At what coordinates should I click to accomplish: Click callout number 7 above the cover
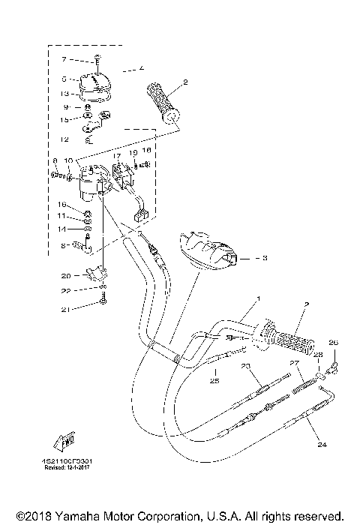pyautogui.click(x=64, y=58)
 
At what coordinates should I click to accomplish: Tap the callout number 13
pyautogui.click(x=65, y=94)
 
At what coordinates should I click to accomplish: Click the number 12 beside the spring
pyautogui.click(x=64, y=139)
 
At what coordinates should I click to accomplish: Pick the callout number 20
pyautogui.click(x=65, y=275)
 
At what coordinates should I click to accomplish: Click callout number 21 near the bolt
pyautogui.click(x=65, y=309)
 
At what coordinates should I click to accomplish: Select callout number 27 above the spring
pyautogui.click(x=295, y=363)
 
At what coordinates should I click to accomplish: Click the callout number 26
pyautogui.click(x=334, y=343)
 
